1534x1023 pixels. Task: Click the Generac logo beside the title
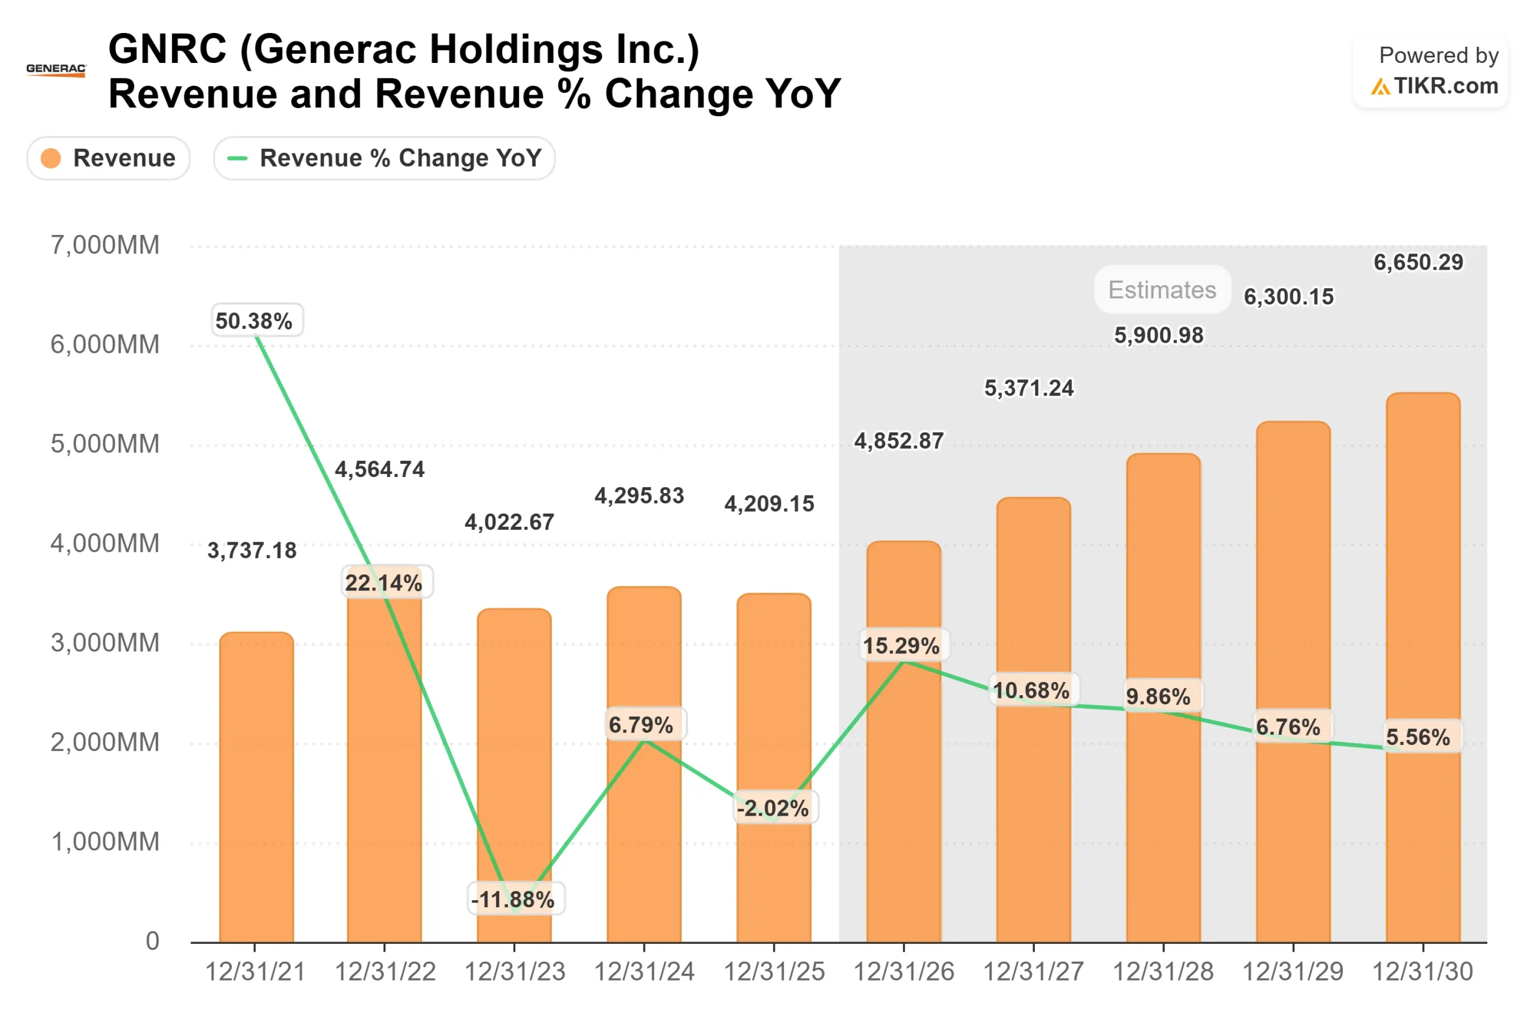point(56,69)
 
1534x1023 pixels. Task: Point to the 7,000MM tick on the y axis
point(105,245)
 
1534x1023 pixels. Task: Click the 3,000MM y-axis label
point(105,643)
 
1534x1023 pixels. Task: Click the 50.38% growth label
point(254,321)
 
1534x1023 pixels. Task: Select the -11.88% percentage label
point(514,900)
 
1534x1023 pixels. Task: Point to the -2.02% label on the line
point(774,808)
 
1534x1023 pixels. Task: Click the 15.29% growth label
point(902,646)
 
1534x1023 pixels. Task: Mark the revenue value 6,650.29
point(1418,262)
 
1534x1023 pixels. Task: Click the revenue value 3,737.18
point(252,551)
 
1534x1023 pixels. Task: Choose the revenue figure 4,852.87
point(899,441)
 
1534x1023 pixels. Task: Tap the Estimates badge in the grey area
point(1162,289)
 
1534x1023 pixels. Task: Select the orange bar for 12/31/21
point(256,789)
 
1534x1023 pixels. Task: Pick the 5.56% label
point(1418,737)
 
